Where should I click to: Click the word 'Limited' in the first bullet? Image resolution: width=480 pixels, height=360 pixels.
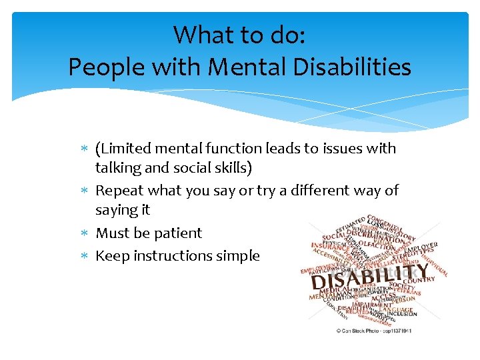pos(128,149)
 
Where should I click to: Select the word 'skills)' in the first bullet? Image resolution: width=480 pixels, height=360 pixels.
pos(230,168)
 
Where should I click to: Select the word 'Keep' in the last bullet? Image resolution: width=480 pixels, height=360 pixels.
pos(112,255)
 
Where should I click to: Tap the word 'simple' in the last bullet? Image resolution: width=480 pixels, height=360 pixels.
pos(237,255)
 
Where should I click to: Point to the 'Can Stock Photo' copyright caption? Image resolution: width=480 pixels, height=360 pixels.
pos(373,330)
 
